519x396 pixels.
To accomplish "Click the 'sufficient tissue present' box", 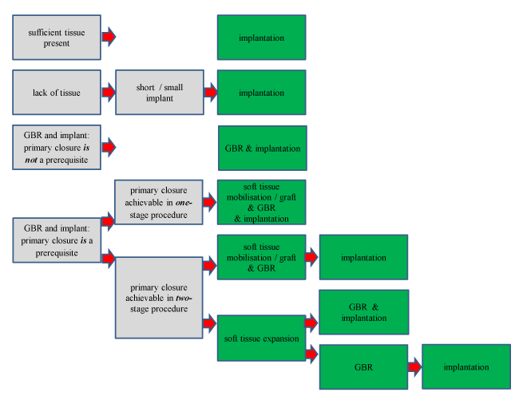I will [x=57, y=37].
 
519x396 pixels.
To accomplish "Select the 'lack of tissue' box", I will [x=57, y=93].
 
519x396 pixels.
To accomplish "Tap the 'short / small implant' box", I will [x=159, y=93].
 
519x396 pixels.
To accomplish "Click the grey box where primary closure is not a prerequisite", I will [x=57, y=148].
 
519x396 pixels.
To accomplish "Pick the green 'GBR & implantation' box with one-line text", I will [x=262, y=148].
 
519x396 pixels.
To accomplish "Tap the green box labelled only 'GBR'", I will [x=363, y=366].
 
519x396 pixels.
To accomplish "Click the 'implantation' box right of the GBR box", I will [x=466, y=366].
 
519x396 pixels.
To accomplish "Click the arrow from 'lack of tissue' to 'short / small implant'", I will [x=109, y=93].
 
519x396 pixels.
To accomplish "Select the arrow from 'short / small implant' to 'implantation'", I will [x=211, y=93].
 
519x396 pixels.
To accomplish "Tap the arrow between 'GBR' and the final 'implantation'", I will [x=415, y=366].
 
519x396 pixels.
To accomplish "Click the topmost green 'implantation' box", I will [x=262, y=37].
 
